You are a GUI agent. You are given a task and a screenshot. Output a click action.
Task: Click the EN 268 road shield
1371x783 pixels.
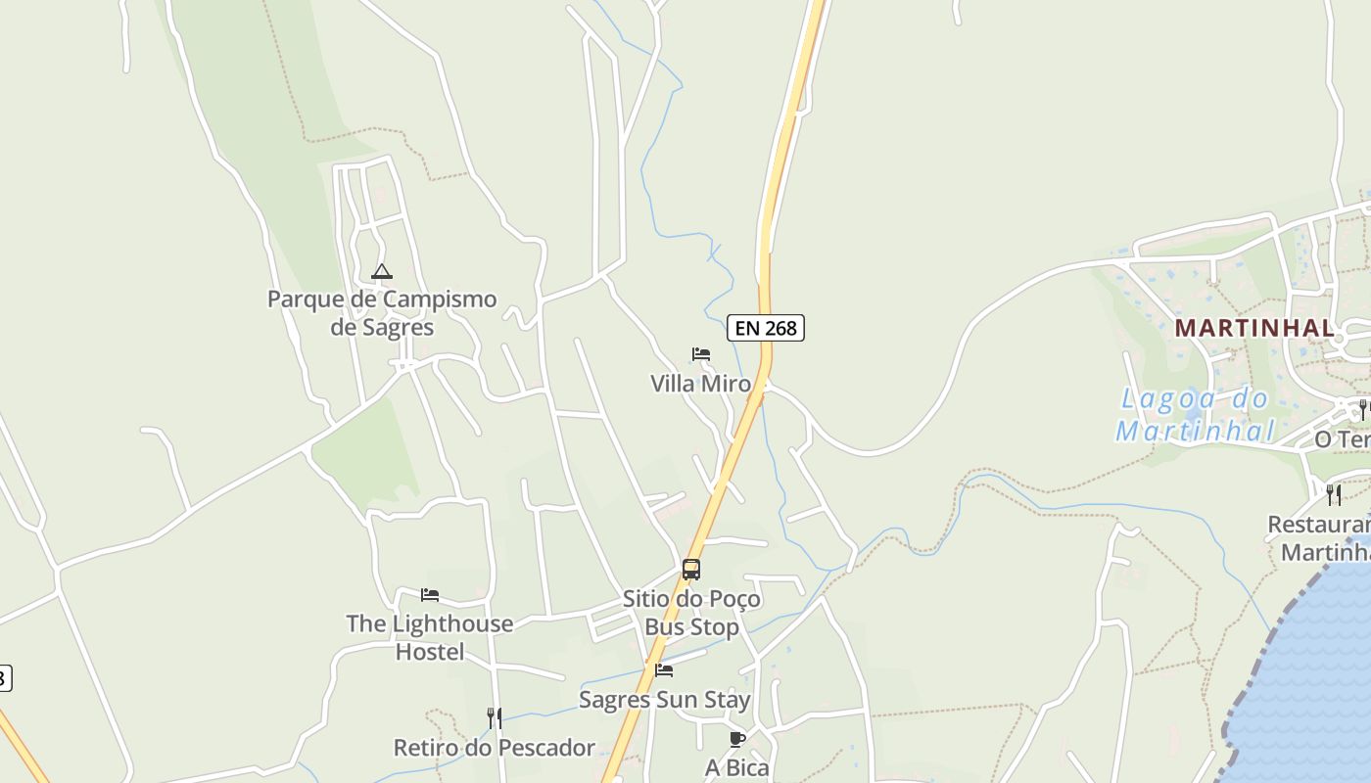pos(765,328)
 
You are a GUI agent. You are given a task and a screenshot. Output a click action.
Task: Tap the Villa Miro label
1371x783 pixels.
pos(701,384)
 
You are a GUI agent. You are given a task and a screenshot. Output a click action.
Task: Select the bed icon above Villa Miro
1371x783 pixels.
pos(701,354)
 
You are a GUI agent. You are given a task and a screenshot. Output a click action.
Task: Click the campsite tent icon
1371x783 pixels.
pos(382,271)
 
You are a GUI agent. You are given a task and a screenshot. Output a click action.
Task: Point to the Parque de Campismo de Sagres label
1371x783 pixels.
pos(382,312)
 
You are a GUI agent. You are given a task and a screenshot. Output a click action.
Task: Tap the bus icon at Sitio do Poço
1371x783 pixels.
pos(691,569)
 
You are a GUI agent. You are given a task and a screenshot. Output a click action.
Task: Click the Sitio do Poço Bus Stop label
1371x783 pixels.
pos(691,612)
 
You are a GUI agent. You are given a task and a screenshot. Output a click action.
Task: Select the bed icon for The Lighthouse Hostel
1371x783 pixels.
pos(430,594)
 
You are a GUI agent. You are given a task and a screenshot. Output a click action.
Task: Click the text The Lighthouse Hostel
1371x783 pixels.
pos(430,636)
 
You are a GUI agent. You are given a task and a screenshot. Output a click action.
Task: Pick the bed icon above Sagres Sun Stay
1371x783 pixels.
pos(664,670)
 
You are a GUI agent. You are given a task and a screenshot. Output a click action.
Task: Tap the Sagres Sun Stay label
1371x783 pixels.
pos(664,700)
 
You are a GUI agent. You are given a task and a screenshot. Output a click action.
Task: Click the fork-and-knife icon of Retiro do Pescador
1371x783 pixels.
pos(495,718)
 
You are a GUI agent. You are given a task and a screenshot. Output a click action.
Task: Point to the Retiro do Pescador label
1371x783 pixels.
pos(495,748)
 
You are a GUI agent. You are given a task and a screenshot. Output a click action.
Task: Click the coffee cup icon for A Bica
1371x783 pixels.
pos(737,739)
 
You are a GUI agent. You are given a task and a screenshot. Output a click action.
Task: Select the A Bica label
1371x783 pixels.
pos(737,768)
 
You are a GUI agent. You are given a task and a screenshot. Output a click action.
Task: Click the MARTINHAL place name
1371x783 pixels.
pos(1254,328)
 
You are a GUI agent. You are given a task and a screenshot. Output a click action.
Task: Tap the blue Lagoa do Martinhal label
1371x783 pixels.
pos(1195,414)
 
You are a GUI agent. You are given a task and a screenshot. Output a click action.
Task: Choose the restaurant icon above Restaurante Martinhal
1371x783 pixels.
pos(1334,494)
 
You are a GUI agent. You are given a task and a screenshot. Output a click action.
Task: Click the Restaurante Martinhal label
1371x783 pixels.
pos(1322,538)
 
